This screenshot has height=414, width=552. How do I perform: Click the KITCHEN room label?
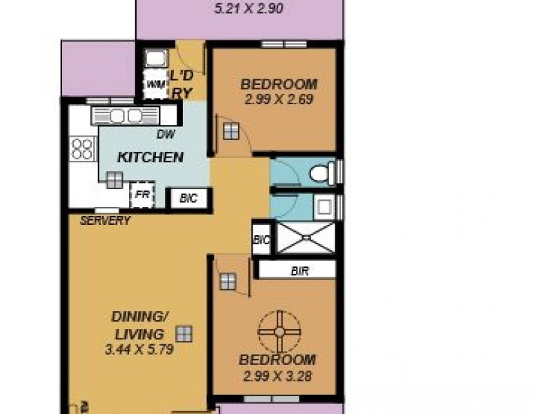tap(150, 157)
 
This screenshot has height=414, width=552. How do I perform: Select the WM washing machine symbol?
tap(152, 85)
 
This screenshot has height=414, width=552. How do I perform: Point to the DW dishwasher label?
tap(165, 136)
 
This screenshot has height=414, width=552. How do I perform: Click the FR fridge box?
tap(142, 195)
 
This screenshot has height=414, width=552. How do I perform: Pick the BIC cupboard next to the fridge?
tap(188, 198)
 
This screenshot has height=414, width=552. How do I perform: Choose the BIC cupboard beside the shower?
tap(262, 239)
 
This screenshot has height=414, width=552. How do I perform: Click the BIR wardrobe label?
tap(300, 271)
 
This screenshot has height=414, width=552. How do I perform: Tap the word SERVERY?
tap(106, 221)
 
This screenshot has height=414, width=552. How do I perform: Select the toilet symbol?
tap(323, 172)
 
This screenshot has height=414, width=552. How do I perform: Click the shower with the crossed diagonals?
tap(304, 239)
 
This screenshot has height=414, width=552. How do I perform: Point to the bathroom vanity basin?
tap(322, 204)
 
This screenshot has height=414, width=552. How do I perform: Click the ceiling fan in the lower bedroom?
tap(279, 332)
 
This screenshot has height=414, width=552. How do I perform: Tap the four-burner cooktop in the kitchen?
tap(82, 149)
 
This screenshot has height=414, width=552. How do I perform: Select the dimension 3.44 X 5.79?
tap(139, 349)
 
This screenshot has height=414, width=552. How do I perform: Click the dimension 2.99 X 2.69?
tap(279, 99)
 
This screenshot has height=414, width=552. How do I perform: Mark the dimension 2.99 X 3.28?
tap(279, 376)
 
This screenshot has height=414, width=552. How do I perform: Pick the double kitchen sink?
tap(126, 115)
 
